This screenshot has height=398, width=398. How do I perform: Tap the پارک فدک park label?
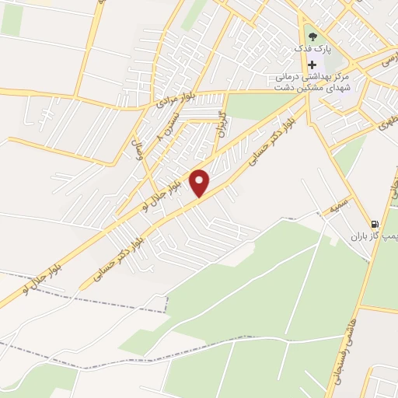click(312, 48)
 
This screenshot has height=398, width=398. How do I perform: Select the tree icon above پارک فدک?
click(312, 34)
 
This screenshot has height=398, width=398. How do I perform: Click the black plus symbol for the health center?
click(312, 65)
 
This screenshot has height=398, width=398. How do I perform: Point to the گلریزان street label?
click(223, 127)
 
